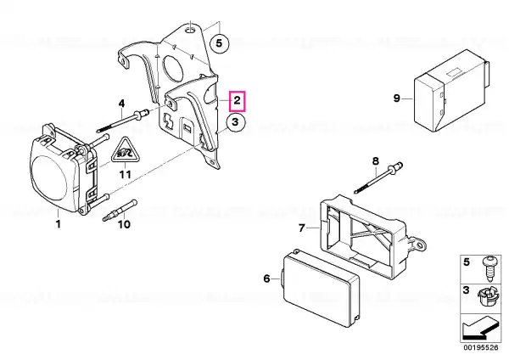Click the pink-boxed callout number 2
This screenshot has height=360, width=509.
(x=238, y=101)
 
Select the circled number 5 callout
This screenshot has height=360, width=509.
(x=219, y=43)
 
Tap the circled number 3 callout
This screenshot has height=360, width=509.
(x=235, y=122)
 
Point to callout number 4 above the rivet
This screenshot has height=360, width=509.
(x=121, y=104)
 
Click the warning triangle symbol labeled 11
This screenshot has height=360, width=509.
(x=125, y=151)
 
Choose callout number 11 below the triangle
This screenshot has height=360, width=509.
(x=126, y=174)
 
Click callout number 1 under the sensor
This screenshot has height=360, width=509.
(x=59, y=224)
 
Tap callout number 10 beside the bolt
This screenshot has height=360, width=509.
(x=124, y=224)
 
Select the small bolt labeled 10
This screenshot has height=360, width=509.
(x=120, y=211)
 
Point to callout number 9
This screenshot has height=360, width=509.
(x=397, y=98)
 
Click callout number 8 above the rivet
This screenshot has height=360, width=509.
(x=375, y=160)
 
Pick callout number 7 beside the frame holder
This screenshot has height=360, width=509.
(x=302, y=228)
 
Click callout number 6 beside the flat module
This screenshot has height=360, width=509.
(x=266, y=278)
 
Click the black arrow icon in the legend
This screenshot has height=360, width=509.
(x=480, y=329)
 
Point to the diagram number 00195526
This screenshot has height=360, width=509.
(x=481, y=347)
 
